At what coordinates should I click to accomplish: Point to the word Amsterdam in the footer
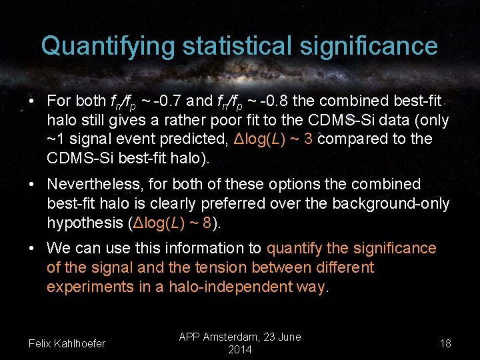[x=239, y=337]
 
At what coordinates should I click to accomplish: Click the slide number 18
[x=445, y=344]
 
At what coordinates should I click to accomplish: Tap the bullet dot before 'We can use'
[x=32, y=249]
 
